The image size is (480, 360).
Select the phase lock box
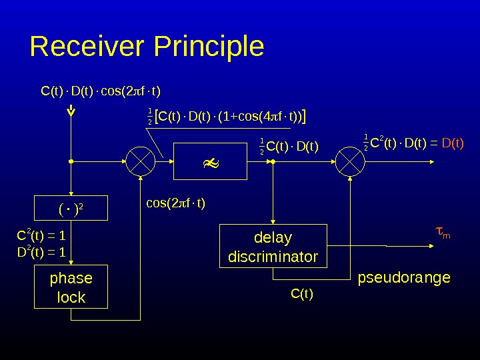click(71, 287)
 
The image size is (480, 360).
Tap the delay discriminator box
click(273, 247)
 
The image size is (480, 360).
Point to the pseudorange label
click(404, 277)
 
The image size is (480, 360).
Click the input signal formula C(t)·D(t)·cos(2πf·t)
click(101, 90)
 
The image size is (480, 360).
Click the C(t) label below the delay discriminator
click(302, 293)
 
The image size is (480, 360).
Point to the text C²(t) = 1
click(40, 236)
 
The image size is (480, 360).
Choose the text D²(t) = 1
click(40, 252)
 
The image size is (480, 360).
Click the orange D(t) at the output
click(453, 142)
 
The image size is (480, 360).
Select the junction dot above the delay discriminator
click(273, 161)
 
